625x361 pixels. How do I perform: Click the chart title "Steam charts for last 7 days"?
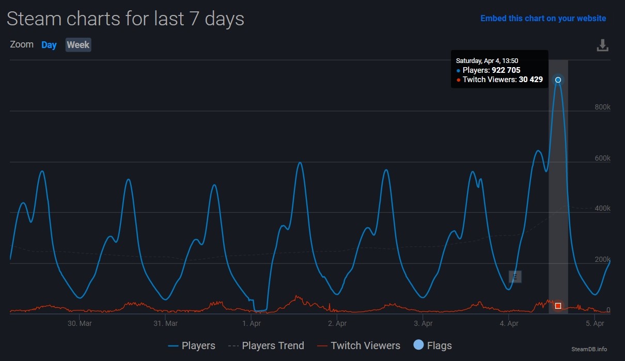126,19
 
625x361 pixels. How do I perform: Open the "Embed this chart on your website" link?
543,18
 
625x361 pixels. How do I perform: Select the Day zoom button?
49,45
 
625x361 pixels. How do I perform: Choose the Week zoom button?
78,45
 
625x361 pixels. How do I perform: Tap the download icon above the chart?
602,45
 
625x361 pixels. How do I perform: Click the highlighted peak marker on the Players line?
558,80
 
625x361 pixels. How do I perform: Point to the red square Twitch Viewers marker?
558,306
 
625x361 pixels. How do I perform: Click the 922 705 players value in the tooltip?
506,70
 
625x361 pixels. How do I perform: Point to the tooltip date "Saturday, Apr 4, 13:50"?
487,61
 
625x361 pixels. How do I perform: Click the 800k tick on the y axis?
602,107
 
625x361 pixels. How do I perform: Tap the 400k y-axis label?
602,209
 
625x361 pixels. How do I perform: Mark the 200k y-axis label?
602,259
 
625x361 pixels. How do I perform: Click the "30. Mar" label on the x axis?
80,323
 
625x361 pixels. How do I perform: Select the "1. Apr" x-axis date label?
252,323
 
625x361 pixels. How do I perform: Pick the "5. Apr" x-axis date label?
595,323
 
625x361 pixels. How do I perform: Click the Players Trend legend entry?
266,346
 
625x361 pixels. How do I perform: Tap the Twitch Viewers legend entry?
358,346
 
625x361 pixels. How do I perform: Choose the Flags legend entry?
432,346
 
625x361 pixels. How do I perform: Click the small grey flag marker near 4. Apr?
515,277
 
